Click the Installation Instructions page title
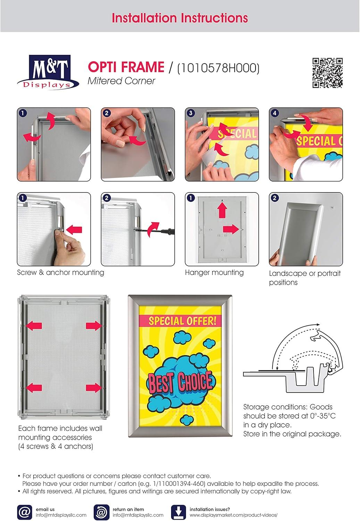pyautogui.click(x=180, y=18)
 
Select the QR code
pyautogui.click(x=327, y=73)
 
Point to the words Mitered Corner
pyautogui.click(x=121, y=81)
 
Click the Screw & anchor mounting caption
pyautogui.click(x=60, y=273)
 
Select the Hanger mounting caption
pyautogui.click(x=214, y=273)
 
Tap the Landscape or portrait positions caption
pyautogui.click(x=304, y=278)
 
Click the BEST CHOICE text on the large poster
pyautogui.click(x=180, y=381)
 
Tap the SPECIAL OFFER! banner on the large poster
pyautogui.click(x=182, y=321)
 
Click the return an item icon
pyautogui.click(x=101, y=512)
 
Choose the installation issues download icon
pyautogui.click(x=178, y=512)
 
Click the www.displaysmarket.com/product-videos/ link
pyautogui.click(x=233, y=515)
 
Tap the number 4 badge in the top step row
pyautogui.click(x=275, y=113)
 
